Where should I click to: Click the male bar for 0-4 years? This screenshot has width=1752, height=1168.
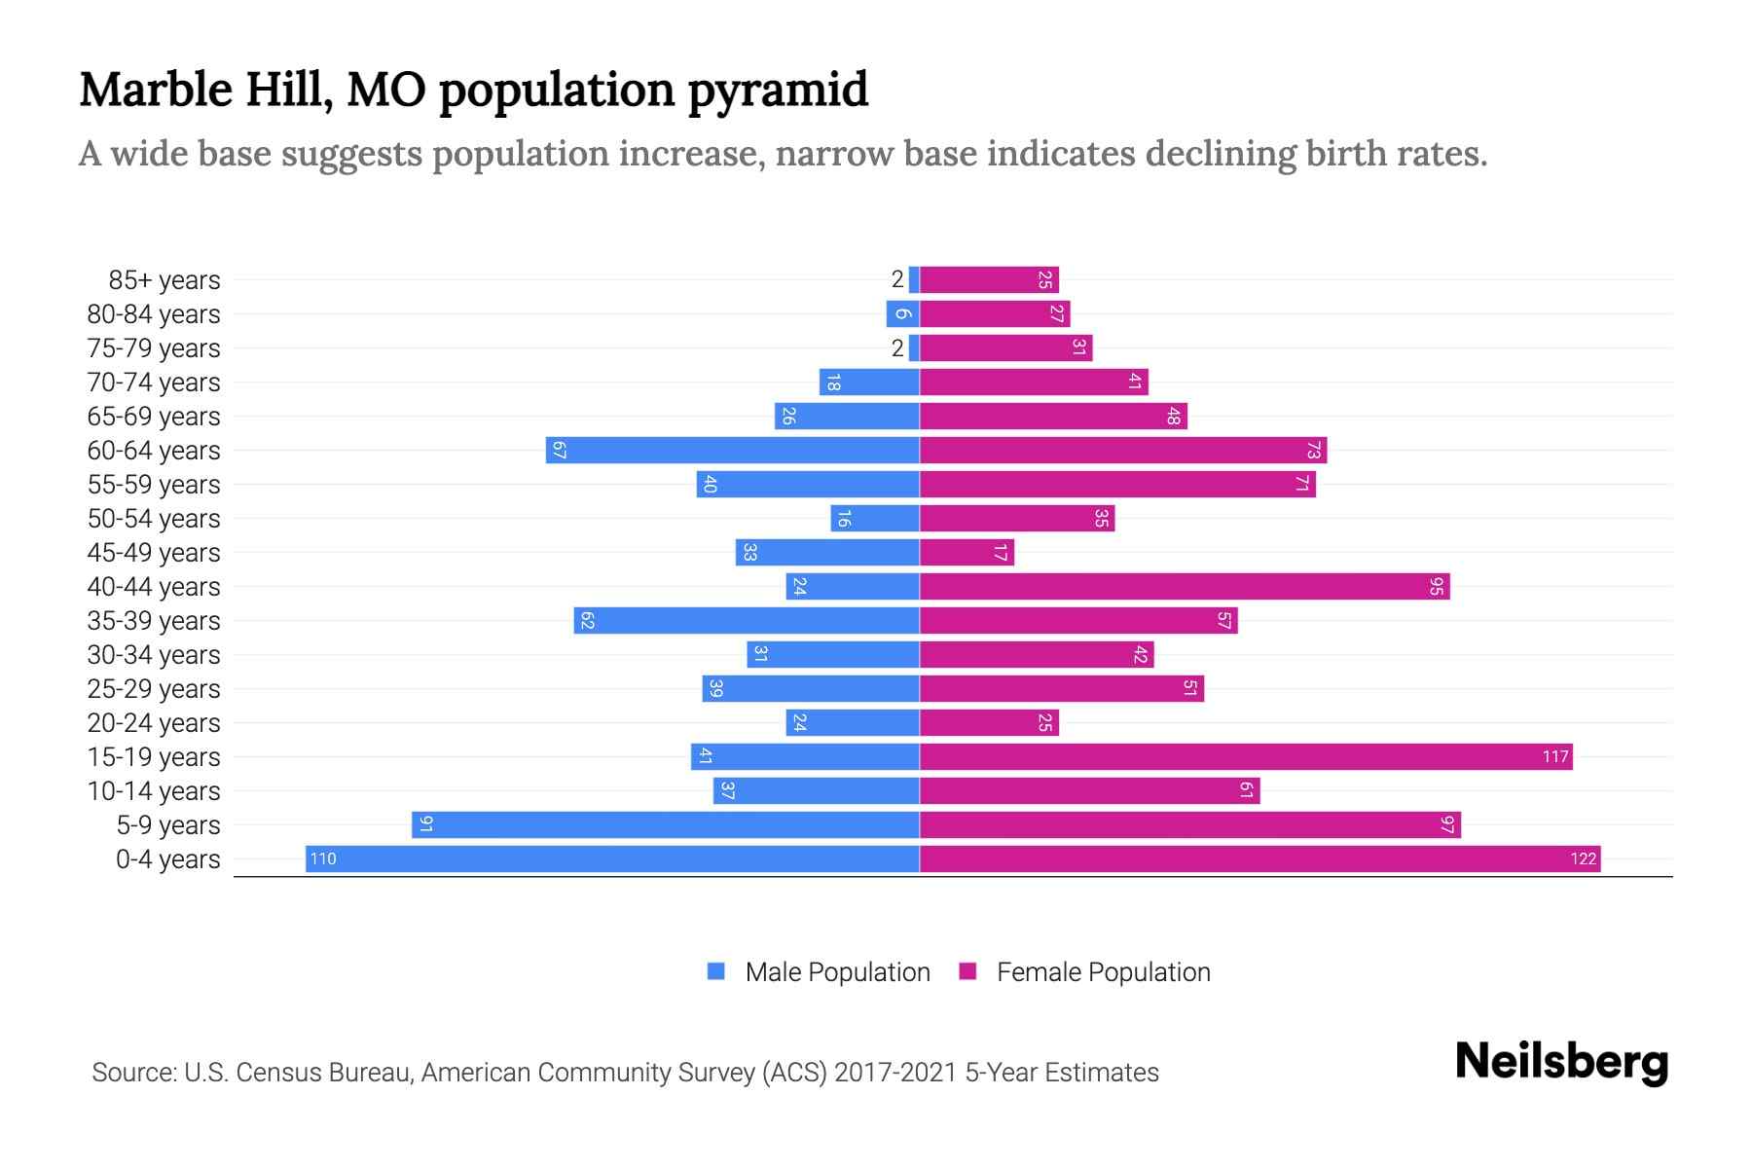[613, 858]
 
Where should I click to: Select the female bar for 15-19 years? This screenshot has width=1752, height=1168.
[1246, 756]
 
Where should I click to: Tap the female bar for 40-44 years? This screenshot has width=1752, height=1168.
[1185, 586]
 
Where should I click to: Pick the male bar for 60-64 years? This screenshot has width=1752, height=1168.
[733, 450]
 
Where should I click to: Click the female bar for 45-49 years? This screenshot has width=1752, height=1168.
[967, 552]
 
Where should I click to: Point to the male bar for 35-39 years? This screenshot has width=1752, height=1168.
[747, 620]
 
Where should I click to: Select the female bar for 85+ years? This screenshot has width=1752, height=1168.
[989, 279]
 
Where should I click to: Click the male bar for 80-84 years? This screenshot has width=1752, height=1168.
[902, 313]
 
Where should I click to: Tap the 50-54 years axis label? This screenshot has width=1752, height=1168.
[154, 519]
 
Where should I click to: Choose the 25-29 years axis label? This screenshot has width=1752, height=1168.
[154, 689]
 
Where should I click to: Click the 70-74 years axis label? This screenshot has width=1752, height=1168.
[154, 383]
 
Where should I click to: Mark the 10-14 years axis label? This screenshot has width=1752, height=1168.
[154, 791]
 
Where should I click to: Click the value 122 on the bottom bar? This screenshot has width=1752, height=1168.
[1583, 858]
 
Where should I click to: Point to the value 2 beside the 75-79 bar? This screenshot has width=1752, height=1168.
[897, 348]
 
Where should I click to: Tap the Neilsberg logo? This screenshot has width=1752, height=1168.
[1561, 1062]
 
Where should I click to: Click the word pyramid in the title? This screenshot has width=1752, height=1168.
[778, 91]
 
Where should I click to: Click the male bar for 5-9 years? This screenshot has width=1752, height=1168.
[666, 824]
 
